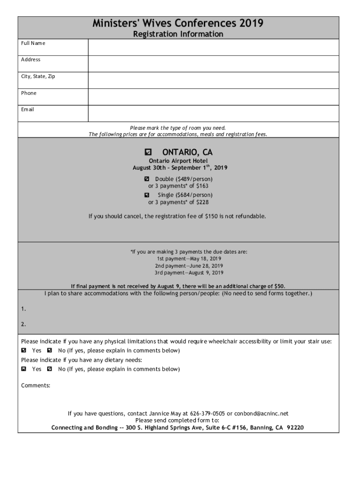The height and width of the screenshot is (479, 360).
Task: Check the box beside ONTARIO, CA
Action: click(x=149, y=152)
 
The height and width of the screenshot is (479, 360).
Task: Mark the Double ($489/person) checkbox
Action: click(x=147, y=179)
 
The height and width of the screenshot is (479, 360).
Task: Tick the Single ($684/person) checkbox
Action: click(x=147, y=195)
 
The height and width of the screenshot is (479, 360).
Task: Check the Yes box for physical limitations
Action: click(x=24, y=350)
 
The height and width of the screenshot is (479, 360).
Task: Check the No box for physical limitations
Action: click(x=50, y=350)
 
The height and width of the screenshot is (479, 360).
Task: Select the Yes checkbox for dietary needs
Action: click(x=24, y=369)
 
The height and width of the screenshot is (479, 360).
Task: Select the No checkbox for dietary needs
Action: click(x=50, y=369)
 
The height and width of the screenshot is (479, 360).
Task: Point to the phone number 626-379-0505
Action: click(x=207, y=414)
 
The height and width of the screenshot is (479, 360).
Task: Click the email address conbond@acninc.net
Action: click(x=261, y=414)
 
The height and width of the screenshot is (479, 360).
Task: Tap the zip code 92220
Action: click(x=295, y=428)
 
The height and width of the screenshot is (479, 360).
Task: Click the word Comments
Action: click(x=36, y=385)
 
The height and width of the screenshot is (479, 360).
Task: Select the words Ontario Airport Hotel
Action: click(x=178, y=161)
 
